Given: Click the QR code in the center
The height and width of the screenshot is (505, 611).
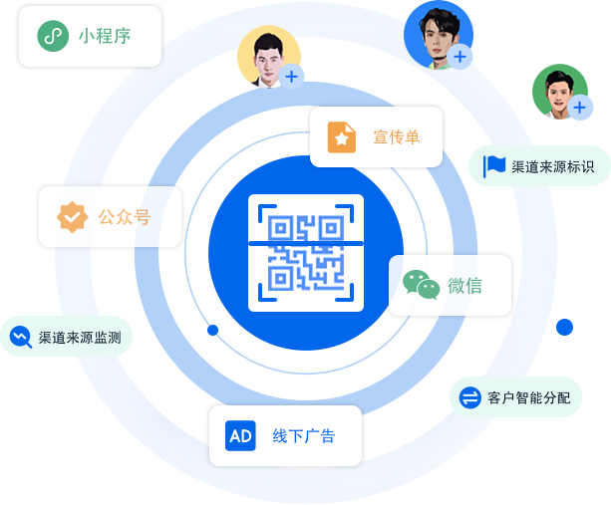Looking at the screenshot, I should (306, 250).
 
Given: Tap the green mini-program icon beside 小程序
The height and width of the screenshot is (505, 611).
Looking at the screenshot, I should (52, 37).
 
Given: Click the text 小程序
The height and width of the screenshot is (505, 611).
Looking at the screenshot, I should (105, 38).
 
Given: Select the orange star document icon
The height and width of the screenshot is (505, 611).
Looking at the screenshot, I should (342, 137).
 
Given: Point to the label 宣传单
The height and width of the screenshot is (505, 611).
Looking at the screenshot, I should (396, 137).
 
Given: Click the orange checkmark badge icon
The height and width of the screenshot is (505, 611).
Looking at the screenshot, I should (71, 216).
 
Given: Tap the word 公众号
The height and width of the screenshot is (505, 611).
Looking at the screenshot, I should (125, 216).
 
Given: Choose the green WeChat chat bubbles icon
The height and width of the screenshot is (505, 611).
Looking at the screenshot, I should (421, 286).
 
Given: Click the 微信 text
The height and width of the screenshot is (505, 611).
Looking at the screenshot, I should (464, 286).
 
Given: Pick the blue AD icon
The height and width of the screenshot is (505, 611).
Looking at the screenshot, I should (240, 435).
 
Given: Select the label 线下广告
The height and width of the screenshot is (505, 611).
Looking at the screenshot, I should (303, 436).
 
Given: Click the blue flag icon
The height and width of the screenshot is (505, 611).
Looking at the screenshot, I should (494, 166).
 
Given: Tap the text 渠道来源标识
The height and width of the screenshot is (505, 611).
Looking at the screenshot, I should (553, 166).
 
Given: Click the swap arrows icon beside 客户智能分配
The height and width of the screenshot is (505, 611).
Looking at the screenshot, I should (469, 397).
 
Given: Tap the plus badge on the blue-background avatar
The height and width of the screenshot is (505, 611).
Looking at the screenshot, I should (459, 57).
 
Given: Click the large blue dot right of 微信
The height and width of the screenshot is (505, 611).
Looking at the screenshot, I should (565, 327).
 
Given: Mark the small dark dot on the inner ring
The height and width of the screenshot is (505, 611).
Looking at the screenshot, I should (212, 329).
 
